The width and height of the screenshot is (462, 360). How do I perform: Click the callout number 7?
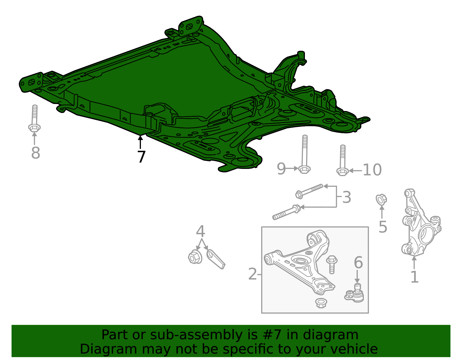[x=141, y=157]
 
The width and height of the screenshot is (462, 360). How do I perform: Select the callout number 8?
[x=36, y=153]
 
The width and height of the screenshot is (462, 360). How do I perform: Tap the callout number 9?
[x=281, y=169]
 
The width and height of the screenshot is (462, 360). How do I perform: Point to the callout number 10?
[x=372, y=170]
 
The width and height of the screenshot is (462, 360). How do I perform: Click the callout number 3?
[x=346, y=197]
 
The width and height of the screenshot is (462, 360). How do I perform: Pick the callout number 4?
[x=200, y=231]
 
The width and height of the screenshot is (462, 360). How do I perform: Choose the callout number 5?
[x=383, y=227]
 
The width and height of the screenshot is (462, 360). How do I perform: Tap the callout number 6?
[x=358, y=263]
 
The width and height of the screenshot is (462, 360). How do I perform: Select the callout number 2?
[x=252, y=274]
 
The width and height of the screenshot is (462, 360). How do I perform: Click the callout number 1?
[x=414, y=277]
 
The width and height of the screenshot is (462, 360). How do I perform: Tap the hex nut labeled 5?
[x=381, y=199]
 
